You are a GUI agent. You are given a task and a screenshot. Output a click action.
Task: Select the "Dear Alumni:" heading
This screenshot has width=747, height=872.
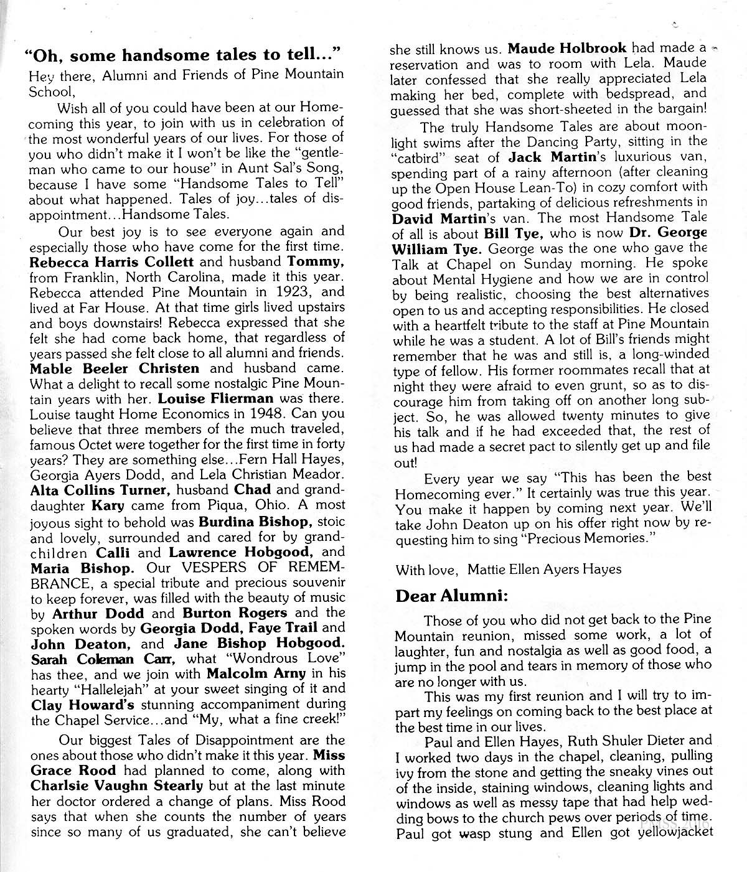(453, 596)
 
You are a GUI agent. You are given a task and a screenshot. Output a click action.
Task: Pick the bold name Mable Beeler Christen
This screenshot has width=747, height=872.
(115, 368)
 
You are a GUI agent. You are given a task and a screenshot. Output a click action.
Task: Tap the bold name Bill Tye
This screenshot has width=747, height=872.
(511, 234)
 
